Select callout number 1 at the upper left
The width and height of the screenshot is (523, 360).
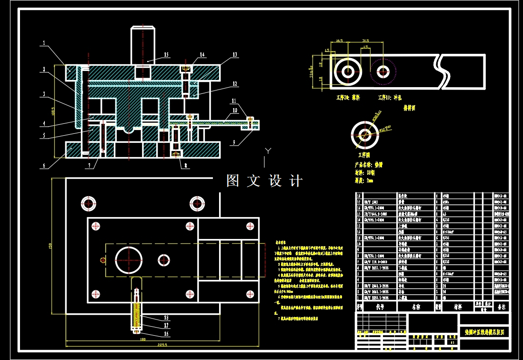coord(43,43)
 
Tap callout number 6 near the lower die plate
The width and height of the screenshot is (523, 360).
coord(44,166)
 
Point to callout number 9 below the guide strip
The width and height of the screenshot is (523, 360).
coord(234,142)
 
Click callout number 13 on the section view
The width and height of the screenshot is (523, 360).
coord(234,55)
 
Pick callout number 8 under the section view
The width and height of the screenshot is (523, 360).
coord(185,166)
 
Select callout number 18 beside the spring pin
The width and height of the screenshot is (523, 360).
coord(166,317)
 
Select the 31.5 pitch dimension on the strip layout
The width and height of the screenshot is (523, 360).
coord(366,40)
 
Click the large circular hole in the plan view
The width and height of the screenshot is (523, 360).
coord(129,260)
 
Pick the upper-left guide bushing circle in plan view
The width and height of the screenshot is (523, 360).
coord(89,204)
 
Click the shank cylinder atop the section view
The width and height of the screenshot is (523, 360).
coord(143,45)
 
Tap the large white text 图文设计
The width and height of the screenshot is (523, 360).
coord(264,181)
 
